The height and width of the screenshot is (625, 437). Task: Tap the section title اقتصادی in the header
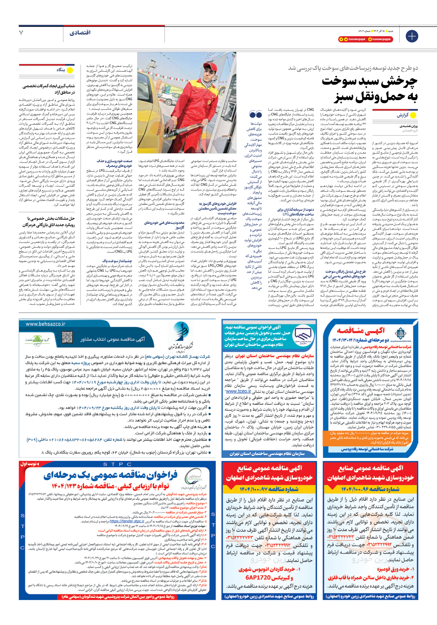click(x=80, y=33)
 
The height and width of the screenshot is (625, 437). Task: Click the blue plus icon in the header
click(x=412, y=36)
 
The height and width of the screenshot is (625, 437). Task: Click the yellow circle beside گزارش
click(x=413, y=115)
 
